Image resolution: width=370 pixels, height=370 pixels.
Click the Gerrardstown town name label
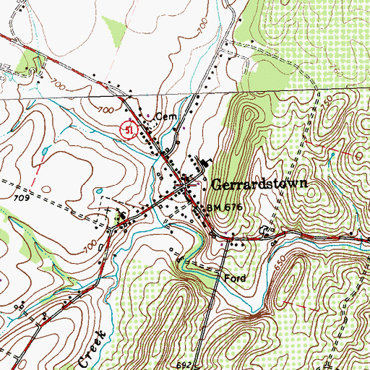pyautogui.click(x=259, y=184)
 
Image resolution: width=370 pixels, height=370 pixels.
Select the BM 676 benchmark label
pyautogui.click(x=223, y=208)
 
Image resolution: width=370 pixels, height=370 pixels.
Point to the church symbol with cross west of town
pyautogui.click(x=120, y=214)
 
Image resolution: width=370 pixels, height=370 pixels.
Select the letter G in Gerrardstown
pyautogui.click(x=216, y=184)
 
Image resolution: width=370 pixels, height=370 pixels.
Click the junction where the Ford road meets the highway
pyautogui.click(x=226, y=239)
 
